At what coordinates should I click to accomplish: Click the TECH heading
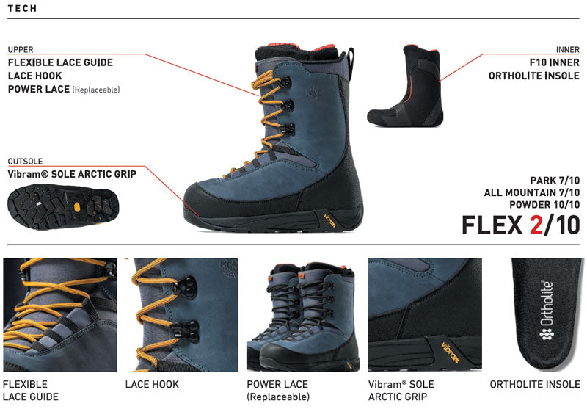[22, 8]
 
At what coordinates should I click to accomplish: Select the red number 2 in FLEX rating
[536, 225]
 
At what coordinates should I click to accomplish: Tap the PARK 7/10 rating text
[555, 181]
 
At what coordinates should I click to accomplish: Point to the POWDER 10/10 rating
[544, 204]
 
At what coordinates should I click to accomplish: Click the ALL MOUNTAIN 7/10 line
[531, 192]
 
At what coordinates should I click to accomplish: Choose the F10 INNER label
[555, 62]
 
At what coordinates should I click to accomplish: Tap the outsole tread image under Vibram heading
[63, 206]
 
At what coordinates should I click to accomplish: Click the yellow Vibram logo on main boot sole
[329, 220]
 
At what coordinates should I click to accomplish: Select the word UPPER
[21, 49]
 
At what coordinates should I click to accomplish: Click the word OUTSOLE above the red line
[25, 162]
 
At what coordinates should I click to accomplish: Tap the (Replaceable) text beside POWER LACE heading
[96, 90]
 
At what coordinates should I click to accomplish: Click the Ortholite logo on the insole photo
[547, 310]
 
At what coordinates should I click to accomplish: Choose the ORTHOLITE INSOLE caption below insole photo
[535, 384]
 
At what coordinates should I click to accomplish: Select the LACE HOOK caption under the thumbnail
[152, 384]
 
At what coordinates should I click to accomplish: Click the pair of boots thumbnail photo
[303, 315]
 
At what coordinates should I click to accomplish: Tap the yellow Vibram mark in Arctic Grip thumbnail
[450, 352]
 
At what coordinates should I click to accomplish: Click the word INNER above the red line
[567, 49]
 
